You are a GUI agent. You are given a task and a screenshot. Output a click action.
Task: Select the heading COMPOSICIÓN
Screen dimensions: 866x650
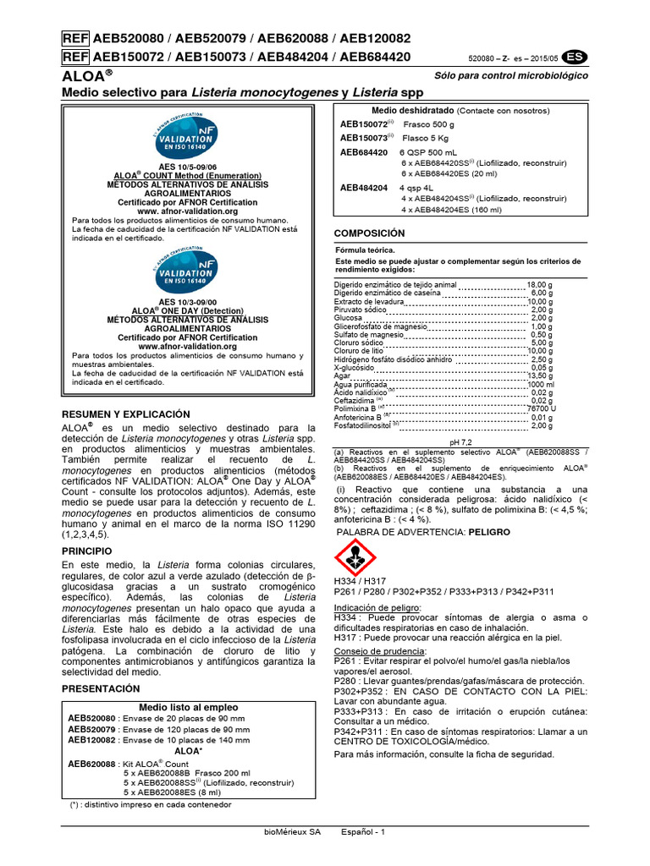pyautogui.click(x=370, y=233)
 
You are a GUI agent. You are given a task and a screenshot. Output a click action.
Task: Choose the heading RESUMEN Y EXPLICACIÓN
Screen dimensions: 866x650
pyautogui.click(x=126, y=414)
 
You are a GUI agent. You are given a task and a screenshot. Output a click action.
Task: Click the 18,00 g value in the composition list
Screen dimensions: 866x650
pyautogui.click(x=540, y=285)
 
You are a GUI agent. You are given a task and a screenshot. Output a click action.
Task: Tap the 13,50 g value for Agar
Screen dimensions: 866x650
pyautogui.click(x=540, y=375)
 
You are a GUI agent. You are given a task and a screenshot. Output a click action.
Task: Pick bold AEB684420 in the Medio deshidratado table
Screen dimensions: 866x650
pyautogui.click(x=364, y=152)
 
